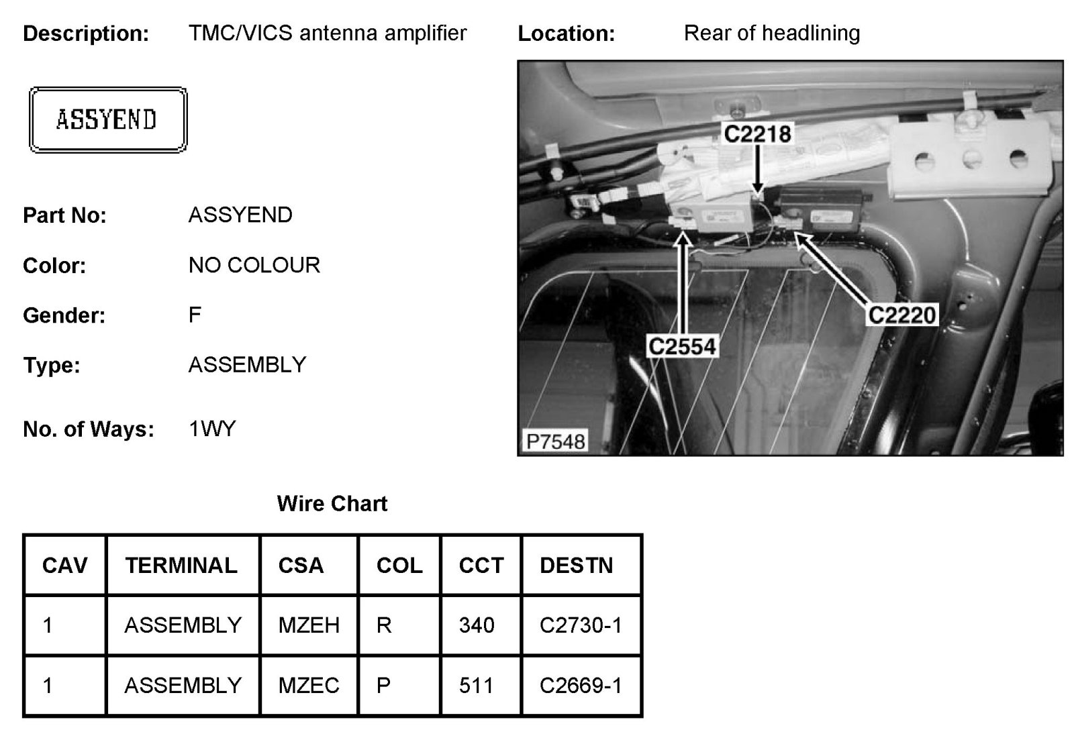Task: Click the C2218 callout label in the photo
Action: click(x=757, y=134)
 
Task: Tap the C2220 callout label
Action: click(x=902, y=315)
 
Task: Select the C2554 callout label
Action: click(x=683, y=346)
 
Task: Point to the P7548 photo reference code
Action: click(x=556, y=441)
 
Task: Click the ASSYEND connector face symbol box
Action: click(x=107, y=120)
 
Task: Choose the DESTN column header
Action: click(x=576, y=566)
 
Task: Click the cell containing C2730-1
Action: click(x=581, y=625)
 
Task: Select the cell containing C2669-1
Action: click(x=581, y=686)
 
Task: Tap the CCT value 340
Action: click(x=477, y=625)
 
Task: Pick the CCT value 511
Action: click(x=477, y=686)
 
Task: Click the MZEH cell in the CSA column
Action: click(x=309, y=625)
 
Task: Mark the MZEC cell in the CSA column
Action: click(x=309, y=686)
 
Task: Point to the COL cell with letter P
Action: click(x=384, y=686)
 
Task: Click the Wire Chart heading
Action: click(x=332, y=504)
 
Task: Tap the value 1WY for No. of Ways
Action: click(x=212, y=429)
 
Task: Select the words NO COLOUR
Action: click(x=254, y=265)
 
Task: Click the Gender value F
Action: click(x=195, y=315)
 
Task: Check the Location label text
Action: click(x=566, y=34)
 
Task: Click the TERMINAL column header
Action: click(x=181, y=566)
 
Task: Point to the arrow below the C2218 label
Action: click(x=758, y=171)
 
